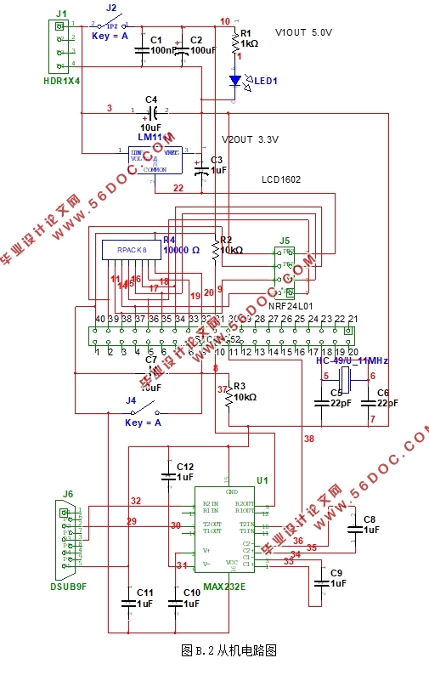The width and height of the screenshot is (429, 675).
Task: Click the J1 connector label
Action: (60, 14)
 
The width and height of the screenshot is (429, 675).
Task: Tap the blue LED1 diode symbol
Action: (235, 82)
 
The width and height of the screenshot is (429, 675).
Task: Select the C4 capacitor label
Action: (151, 99)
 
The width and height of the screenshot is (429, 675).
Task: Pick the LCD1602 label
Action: (281, 179)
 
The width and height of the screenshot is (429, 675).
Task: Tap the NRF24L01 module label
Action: (291, 303)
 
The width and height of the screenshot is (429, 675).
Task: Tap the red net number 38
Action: (308, 439)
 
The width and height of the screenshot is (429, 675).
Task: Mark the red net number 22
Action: (178, 188)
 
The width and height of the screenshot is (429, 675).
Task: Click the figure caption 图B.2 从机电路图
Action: (229, 650)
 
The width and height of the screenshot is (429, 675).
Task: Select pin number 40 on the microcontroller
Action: (100, 319)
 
